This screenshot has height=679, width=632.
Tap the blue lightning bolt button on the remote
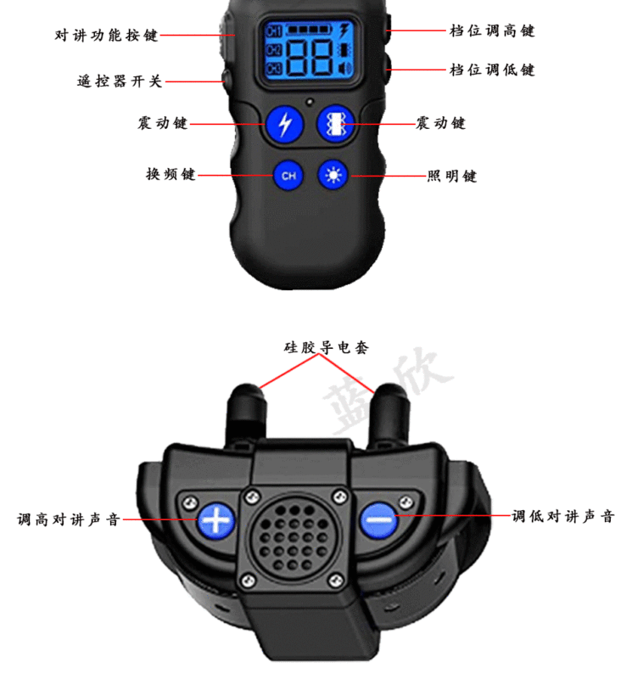[284, 124]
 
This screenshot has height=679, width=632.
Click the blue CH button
[288, 176]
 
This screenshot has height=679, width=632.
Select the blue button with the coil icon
[334, 124]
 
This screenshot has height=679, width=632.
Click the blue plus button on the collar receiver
[217, 519]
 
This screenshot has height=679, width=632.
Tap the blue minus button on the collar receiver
[378, 519]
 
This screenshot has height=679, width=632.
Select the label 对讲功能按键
[106, 36]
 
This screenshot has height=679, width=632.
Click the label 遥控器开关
[119, 82]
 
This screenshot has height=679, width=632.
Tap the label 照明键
[451, 176]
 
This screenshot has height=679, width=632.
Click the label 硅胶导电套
[326, 347]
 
